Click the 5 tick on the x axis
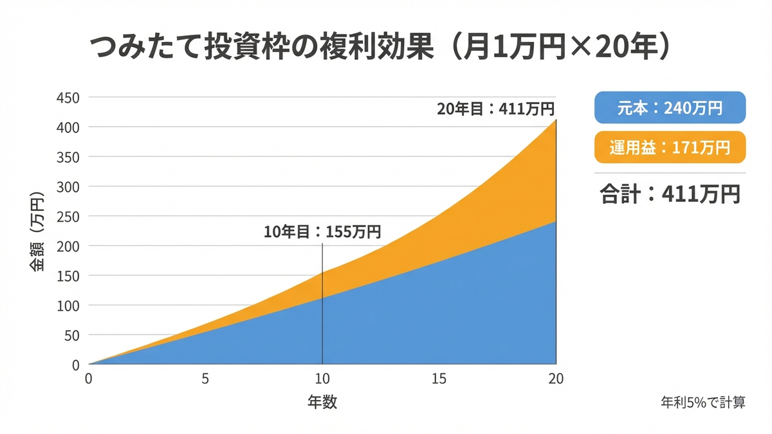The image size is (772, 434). (205, 379)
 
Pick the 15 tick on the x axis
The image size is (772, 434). (439, 379)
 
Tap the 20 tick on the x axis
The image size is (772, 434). (556, 379)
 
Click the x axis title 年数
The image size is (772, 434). (322, 402)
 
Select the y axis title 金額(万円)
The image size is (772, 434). (38, 232)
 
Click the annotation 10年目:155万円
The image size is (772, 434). (322, 232)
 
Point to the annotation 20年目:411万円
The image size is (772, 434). (496, 109)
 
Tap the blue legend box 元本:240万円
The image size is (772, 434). (670, 107)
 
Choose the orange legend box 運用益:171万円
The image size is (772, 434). (670, 148)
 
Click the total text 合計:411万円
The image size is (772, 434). (670, 194)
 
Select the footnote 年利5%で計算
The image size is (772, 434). (703, 402)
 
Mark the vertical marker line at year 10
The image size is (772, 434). (322, 309)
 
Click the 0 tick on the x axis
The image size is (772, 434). (89, 379)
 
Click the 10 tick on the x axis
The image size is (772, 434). (322, 379)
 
